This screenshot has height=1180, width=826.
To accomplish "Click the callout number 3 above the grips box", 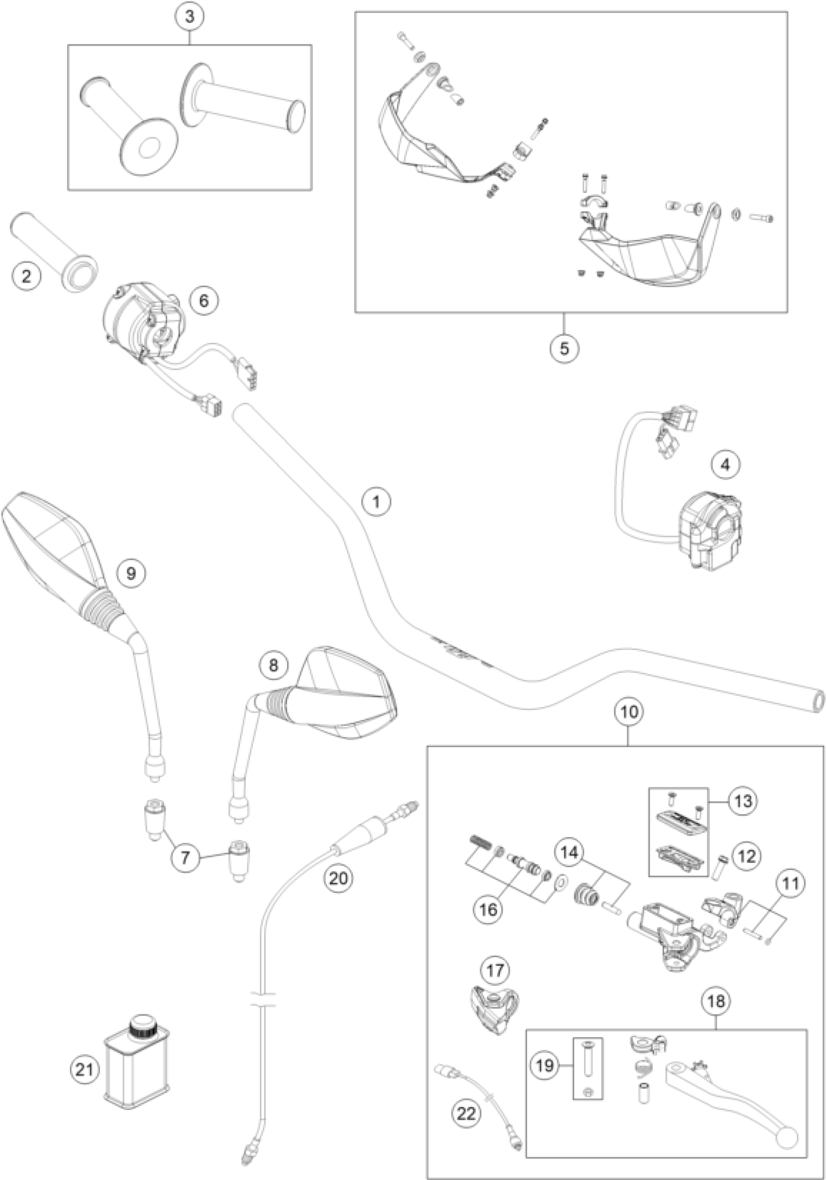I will pyautogui.click(x=189, y=17).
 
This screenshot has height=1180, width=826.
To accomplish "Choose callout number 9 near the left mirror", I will pyautogui.click(x=131, y=573).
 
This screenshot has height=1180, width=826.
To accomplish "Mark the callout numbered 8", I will pyautogui.click(x=273, y=666).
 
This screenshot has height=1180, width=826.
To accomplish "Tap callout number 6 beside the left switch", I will pyautogui.click(x=204, y=300).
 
